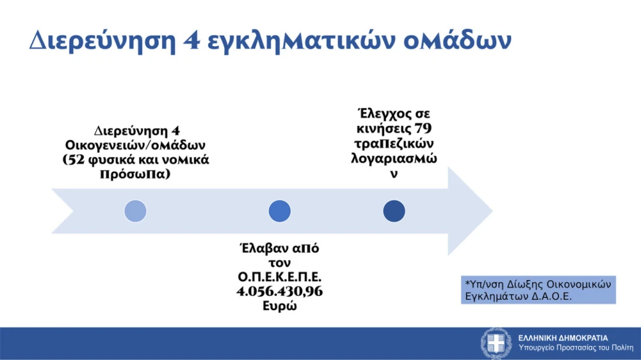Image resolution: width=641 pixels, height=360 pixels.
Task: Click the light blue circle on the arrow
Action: point(135,211)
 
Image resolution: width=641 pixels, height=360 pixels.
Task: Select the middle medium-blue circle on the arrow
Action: point(279,211)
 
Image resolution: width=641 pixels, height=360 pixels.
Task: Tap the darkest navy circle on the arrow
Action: point(394,211)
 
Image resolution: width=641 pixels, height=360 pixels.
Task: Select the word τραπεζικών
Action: point(394,142)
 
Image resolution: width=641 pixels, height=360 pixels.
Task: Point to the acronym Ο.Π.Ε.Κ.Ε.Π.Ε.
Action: point(279,277)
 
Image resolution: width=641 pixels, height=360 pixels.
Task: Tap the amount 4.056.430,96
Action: point(279,291)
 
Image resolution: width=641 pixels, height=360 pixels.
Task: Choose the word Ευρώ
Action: point(279,306)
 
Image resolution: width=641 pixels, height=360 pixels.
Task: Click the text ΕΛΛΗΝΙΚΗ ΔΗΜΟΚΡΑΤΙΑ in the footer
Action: point(563,338)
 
